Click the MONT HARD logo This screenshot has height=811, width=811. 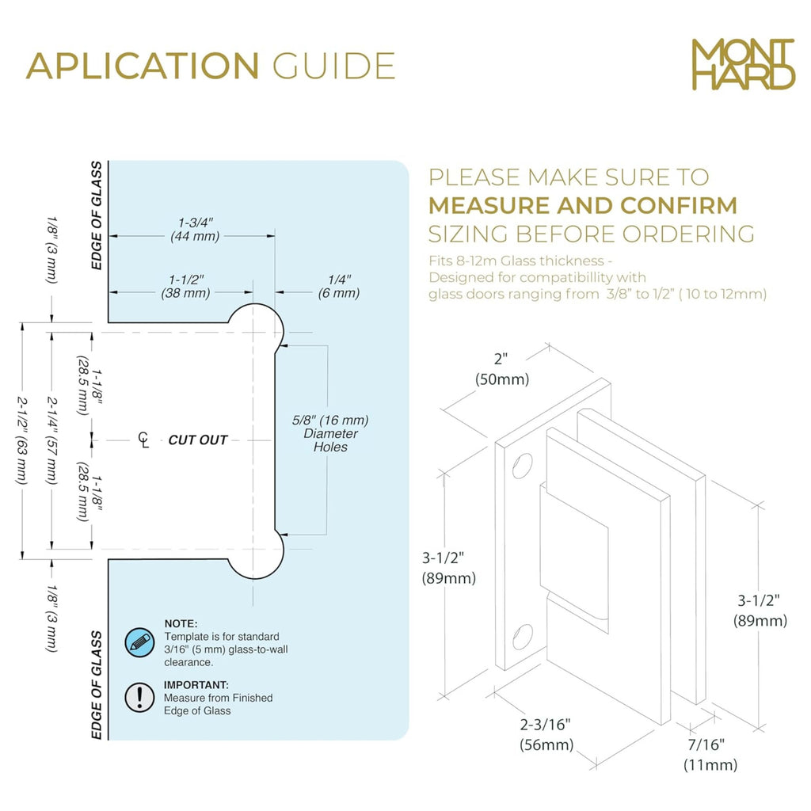click(743, 64)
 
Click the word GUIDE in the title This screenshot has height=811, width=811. click(334, 66)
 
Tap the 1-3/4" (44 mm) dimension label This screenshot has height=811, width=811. click(195, 230)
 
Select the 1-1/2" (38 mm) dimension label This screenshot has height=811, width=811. click(185, 287)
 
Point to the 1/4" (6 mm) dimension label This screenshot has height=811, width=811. click(339, 287)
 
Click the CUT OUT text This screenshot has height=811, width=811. click(197, 440)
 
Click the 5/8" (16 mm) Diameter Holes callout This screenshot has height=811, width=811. click(330, 433)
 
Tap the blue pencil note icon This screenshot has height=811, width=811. click(139, 643)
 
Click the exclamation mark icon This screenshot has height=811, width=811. click(139, 697)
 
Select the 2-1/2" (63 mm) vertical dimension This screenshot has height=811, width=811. click(21, 440)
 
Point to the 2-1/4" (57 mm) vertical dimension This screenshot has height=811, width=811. click(51, 440)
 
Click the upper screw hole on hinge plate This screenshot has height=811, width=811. click(523, 466)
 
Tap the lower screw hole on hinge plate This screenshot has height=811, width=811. click(523, 636)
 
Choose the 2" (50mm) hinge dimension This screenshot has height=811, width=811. click(501, 369)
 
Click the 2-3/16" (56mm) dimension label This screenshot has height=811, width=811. click(546, 734)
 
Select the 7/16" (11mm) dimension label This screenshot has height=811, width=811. click(710, 755)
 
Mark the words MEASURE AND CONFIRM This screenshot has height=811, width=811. click(583, 205)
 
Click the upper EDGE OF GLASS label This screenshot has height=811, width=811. click(97, 215)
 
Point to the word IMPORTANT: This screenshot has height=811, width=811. click(196, 685)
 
